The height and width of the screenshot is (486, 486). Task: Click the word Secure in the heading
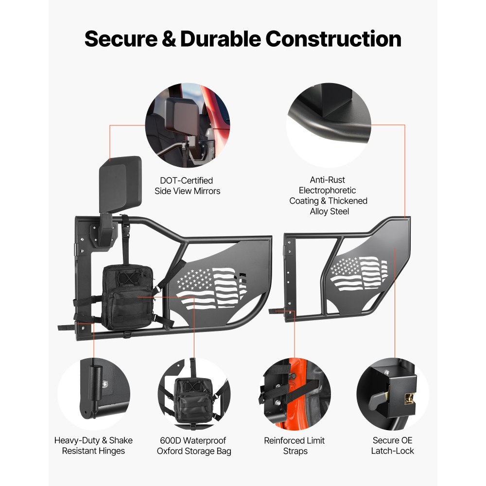point(121,39)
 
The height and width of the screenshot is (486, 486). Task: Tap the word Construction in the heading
point(333,39)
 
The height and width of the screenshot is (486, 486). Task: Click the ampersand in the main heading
point(169,39)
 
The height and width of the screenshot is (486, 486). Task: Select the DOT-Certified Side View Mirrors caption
point(188,186)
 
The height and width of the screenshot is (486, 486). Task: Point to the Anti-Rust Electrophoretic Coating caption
point(329,195)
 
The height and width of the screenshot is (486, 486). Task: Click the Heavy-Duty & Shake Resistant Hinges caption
point(93,445)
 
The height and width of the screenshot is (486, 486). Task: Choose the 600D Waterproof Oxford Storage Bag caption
point(194,445)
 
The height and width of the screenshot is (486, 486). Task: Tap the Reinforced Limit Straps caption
point(295,445)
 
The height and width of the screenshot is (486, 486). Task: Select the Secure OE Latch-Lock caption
point(392,445)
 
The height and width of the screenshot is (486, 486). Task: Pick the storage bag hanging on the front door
point(128,297)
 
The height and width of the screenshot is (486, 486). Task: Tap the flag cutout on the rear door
point(359,273)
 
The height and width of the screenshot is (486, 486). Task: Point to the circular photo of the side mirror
point(188,125)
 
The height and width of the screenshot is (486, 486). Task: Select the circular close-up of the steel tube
point(329,125)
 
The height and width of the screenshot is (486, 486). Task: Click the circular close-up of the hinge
point(94,394)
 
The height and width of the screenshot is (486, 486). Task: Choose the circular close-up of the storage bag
point(194,394)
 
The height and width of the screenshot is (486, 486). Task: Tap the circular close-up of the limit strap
point(295,394)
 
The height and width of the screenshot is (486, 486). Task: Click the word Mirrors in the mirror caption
point(207,191)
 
